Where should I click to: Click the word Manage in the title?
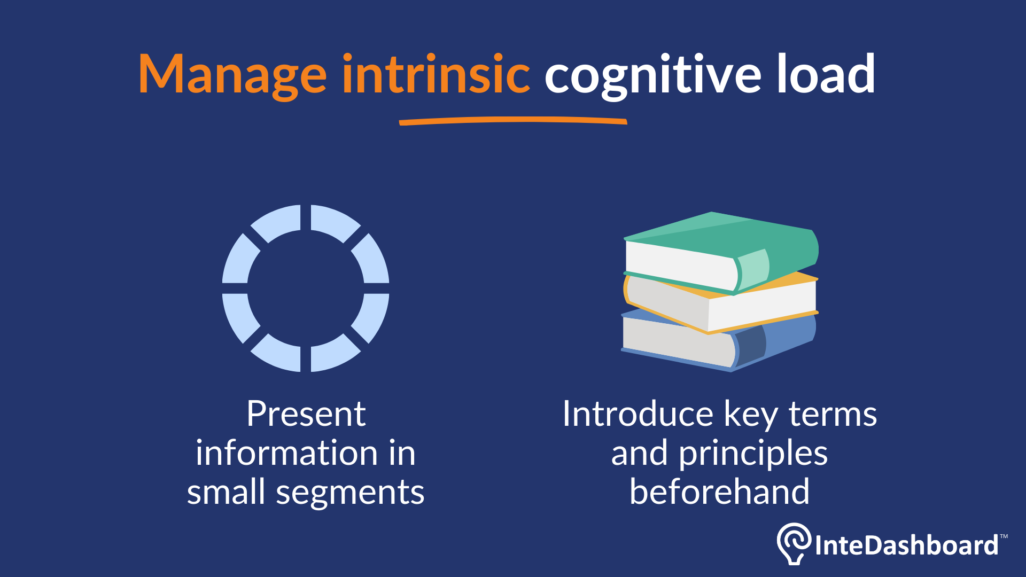[232, 75]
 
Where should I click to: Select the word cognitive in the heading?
[652, 75]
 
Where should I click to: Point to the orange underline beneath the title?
[513, 121]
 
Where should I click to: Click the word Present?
[306, 414]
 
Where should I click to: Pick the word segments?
[350, 493]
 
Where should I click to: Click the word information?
[286, 453]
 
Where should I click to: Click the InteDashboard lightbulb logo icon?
[794, 542]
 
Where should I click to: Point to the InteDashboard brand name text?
[906, 545]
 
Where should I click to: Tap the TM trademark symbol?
[1004, 536]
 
